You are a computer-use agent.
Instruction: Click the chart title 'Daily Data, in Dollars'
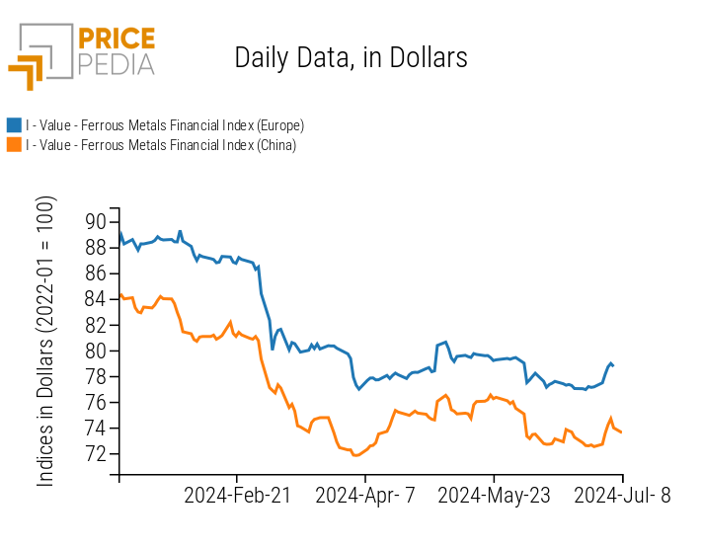(351, 57)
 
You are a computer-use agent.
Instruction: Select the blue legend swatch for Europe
(14, 125)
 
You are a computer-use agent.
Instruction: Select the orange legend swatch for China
(14, 145)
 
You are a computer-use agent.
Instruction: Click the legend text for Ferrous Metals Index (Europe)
(165, 125)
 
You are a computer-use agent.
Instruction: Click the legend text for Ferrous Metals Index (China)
(161, 145)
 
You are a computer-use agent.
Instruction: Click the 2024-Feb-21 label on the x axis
(238, 496)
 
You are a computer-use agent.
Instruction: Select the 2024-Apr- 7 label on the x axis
(364, 496)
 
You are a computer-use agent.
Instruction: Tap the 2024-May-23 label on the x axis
(493, 496)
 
